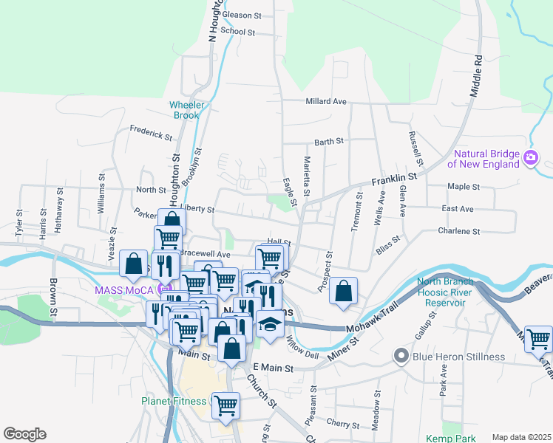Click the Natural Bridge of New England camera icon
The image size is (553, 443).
pyautogui.click(x=530, y=157)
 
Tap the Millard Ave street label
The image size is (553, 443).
pyautogui.click(x=325, y=101)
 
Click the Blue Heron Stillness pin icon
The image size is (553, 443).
pyautogui.click(x=401, y=357)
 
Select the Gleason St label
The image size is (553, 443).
pyautogui.click(x=242, y=15)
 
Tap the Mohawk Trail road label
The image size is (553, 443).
pyautogui.click(x=370, y=328)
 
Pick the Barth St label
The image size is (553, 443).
pyautogui.click(x=329, y=141)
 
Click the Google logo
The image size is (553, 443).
pyautogui.click(x=24, y=434)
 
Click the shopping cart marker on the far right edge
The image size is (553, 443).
pyautogui.click(x=538, y=340)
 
